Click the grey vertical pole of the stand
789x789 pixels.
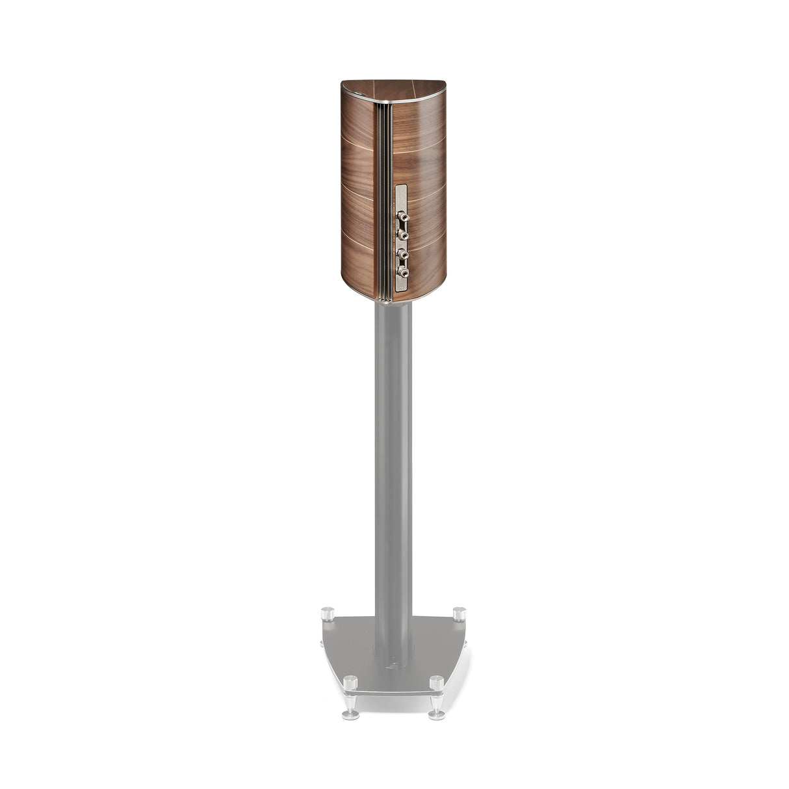tap(393, 455)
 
